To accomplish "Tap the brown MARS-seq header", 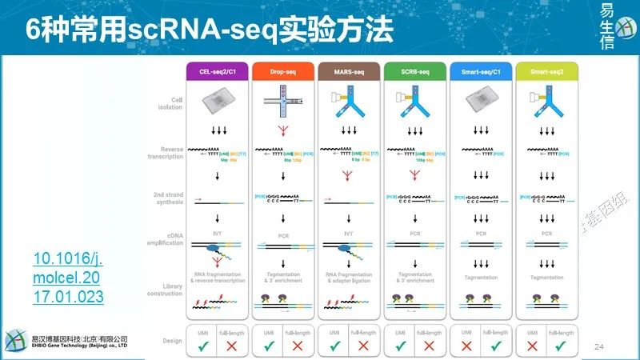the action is click(348, 71).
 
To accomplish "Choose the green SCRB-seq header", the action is click(414, 71).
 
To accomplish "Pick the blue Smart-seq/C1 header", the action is click(480, 71).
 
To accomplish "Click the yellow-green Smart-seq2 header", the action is click(546, 71).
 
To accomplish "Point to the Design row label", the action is click(171, 341).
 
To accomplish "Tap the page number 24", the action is click(598, 346).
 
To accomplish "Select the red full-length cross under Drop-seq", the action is click(298, 345).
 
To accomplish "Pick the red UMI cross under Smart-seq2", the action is click(531, 345).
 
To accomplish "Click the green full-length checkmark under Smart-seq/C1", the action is click(495, 345).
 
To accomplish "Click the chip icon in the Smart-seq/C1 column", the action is click(481, 102).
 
